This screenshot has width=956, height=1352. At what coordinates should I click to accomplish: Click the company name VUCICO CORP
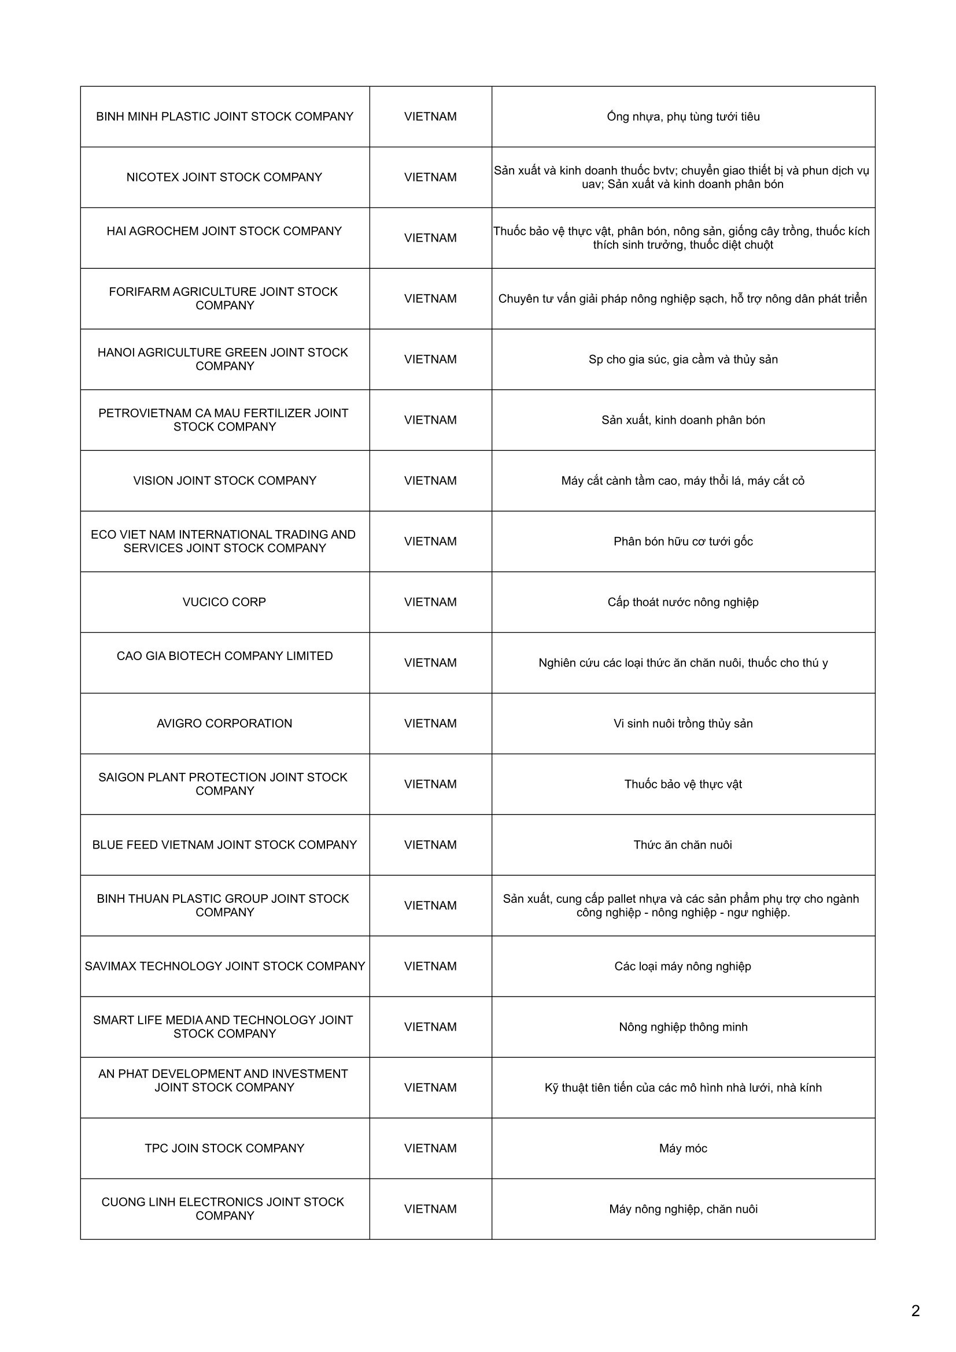pyautogui.click(x=224, y=602)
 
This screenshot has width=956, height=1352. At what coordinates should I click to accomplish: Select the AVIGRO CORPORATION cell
pyautogui.click(x=224, y=723)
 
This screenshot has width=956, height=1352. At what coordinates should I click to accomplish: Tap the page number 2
pyautogui.click(x=915, y=1310)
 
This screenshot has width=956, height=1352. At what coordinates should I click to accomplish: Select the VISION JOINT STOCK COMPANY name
pyautogui.click(x=224, y=480)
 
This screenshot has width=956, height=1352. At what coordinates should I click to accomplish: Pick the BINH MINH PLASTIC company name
pyautogui.click(x=224, y=117)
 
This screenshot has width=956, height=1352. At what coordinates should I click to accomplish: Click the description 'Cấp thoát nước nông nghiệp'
pyautogui.click(x=682, y=602)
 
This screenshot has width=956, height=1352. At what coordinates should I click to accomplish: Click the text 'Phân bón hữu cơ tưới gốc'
pyautogui.click(x=682, y=541)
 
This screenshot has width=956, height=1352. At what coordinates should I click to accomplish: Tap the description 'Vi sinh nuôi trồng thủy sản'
pyautogui.click(x=682, y=723)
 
